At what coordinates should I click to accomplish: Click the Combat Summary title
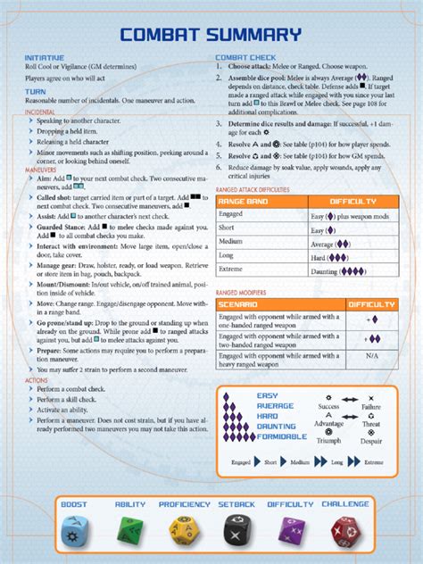211,36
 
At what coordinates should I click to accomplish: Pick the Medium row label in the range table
231,242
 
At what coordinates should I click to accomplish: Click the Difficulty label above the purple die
291,505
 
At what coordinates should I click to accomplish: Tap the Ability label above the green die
130,505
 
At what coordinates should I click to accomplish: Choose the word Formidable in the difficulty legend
281,436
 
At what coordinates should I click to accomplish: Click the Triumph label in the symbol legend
328,441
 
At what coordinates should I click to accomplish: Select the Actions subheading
37,381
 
